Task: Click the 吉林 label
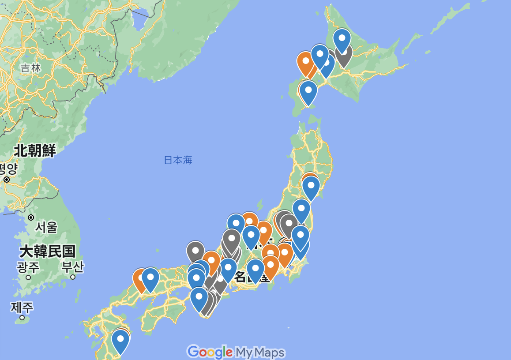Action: click(x=30, y=68)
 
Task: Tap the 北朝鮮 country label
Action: click(x=35, y=151)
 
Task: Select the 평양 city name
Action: click(x=8, y=168)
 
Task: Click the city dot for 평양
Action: click(x=7, y=180)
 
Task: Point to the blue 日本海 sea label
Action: click(x=178, y=160)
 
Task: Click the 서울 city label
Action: click(x=46, y=228)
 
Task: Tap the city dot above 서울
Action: click(x=31, y=217)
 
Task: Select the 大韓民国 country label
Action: click(x=47, y=252)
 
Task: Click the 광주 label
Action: click(x=28, y=267)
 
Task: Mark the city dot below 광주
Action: click(x=28, y=277)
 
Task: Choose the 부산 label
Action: click(x=73, y=267)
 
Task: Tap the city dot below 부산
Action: click(x=73, y=277)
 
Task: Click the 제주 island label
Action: click(x=22, y=307)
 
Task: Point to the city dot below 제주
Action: click(x=22, y=317)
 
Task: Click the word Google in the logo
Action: click(x=210, y=352)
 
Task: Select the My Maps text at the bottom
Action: click(x=260, y=352)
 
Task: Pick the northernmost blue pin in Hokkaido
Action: click(x=342, y=38)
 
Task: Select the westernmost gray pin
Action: click(x=195, y=251)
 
